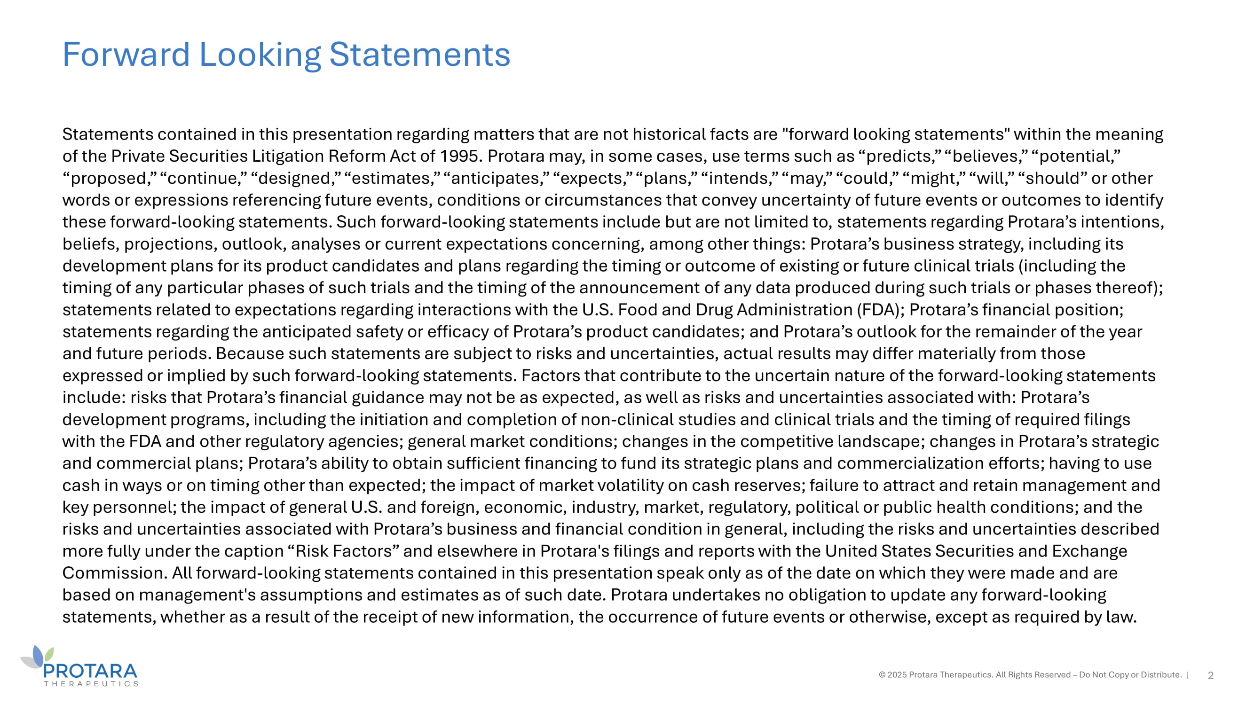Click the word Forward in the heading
tap(126, 54)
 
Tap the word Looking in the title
tap(260, 54)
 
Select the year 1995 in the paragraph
tap(460, 156)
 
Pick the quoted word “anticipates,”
tap(496, 178)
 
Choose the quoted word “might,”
tap(934, 178)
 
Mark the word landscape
tap(880, 441)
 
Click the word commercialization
tap(910, 463)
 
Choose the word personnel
tap(133, 508)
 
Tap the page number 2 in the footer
tap(1210, 675)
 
